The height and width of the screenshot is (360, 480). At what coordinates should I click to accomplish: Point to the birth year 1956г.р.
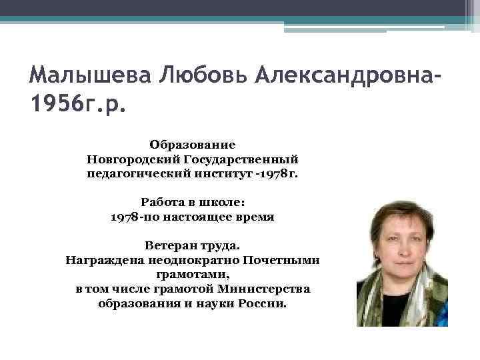77,105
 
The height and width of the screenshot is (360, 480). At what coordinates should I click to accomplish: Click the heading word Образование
193,144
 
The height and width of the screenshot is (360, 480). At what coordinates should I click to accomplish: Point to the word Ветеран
169,245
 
